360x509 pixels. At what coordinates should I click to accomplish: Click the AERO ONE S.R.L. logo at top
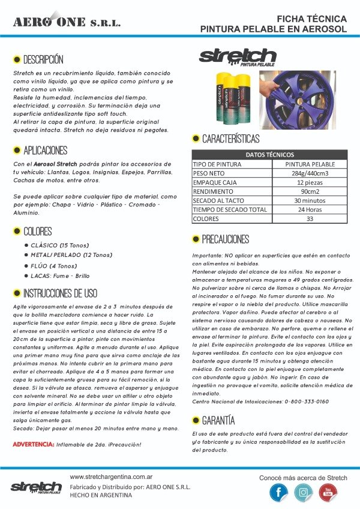pos(67,22)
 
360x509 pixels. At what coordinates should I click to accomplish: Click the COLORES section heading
pos(37,231)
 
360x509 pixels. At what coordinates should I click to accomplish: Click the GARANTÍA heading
pos(218,420)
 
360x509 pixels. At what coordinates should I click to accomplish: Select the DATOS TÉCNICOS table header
pos(270,154)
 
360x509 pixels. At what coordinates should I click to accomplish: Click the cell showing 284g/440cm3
pos(310,173)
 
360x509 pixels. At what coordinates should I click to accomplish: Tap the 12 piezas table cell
pos(310,182)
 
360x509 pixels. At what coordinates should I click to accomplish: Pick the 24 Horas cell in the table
pos(310,210)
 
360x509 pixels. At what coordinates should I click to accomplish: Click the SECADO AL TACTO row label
pos(217,201)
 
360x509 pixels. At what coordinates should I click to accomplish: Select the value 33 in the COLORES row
pos(310,219)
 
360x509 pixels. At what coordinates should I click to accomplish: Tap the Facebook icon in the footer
pos(278,492)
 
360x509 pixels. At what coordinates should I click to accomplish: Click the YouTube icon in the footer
pos(328,492)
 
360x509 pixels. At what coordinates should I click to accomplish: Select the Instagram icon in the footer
pos(303,492)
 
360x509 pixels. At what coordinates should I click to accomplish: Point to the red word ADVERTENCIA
pos(34,445)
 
